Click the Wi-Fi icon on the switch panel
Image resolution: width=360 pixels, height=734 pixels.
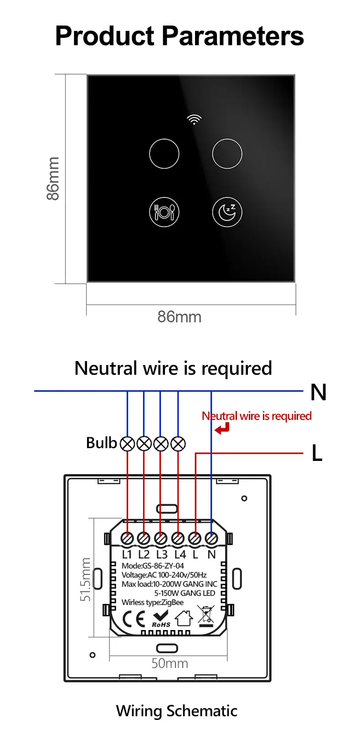click(194, 119)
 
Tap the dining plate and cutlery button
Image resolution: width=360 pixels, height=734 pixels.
click(164, 212)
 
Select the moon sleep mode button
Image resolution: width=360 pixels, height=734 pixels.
click(227, 212)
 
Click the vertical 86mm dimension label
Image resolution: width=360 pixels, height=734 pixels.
click(53, 179)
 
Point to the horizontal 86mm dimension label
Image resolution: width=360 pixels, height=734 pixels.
click(180, 317)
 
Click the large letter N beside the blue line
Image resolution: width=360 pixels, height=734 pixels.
click(318, 392)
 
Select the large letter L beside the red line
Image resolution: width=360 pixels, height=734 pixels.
click(317, 453)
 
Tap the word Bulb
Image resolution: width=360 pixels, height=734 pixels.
click(102, 443)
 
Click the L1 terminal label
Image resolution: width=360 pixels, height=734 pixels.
click(127, 554)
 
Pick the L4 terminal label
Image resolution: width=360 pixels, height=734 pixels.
click(180, 554)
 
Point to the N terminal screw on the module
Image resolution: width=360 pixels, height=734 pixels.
click(211, 538)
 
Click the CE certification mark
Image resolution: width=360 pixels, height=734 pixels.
click(134, 619)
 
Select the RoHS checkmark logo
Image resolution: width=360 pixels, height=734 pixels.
click(161, 619)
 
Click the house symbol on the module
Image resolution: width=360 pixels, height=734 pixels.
click(184, 618)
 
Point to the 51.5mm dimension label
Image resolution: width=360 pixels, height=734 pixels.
click(85, 579)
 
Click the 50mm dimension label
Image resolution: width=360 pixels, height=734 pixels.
click(170, 663)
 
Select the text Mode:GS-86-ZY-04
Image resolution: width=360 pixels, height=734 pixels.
click(153, 566)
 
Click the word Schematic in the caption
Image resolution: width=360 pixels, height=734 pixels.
click(202, 711)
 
